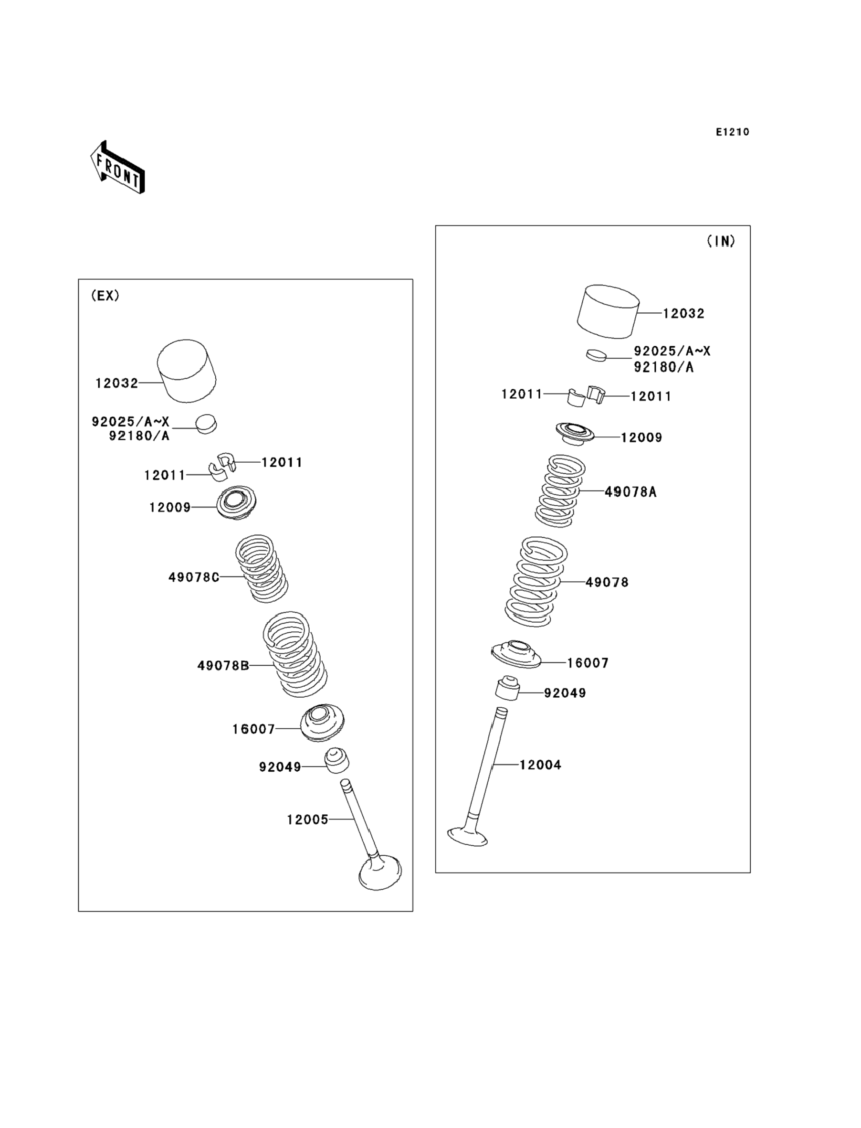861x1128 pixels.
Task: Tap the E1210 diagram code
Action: tap(732, 132)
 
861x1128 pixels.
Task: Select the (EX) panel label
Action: tap(105, 296)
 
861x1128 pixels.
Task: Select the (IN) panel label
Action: tap(721, 241)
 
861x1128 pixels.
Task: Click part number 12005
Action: tap(307, 820)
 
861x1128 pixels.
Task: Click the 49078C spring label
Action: tap(194, 577)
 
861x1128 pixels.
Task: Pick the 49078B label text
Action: tap(223, 666)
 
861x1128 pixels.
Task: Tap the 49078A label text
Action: tap(630, 492)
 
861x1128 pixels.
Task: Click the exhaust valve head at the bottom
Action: tap(380, 872)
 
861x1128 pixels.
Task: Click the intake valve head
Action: tap(467, 836)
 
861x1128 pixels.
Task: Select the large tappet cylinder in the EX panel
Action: tap(186, 370)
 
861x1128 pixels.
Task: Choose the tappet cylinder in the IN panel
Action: tap(608, 312)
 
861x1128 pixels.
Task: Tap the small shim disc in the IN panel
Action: tap(596, 355)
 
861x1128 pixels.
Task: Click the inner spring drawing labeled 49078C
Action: tap(262, 568)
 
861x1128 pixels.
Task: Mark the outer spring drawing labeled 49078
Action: tap(535, 582)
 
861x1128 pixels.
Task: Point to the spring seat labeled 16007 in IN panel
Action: tap(516, 654)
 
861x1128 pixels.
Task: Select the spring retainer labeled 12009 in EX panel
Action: tap(236, 502)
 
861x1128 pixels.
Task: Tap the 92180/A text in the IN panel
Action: tap(663, 367)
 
